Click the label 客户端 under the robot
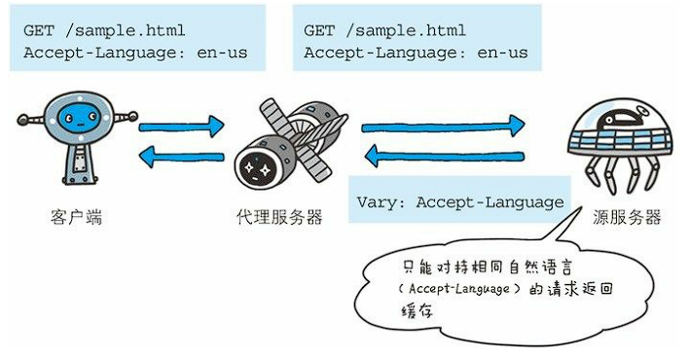point(76,217)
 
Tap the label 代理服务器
point(279,217)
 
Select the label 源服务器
point(627,217)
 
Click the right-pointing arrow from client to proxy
point(181,127)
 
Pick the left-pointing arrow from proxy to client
point(181,157)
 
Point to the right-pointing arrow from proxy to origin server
point(443,127)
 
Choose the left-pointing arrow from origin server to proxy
point(444,156)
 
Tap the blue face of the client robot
point(79,118)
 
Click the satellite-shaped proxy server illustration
point(290,143)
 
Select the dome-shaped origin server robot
point(621,145)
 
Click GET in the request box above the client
point(39,31)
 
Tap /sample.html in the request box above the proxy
point(405,31)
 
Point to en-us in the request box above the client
point(222,54)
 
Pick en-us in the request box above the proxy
point(502,54)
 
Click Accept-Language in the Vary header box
point(490,202)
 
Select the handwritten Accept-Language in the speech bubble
point(458,289)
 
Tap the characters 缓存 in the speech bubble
point(417,310)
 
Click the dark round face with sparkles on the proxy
point(256,167)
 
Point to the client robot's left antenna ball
point(22,119)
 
